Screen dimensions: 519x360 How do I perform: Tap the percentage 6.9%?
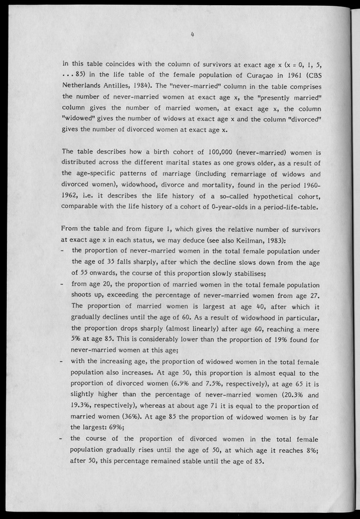(x=188, y=383)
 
